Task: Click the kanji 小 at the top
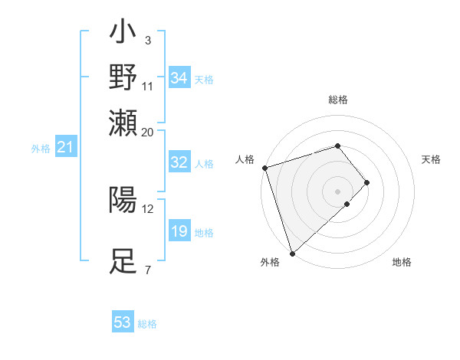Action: click(123, 34)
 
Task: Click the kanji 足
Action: click(123, 261)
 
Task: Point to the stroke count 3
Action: click(147, 40)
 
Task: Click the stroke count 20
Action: click(148, 131)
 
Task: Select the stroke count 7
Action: click(147, 270)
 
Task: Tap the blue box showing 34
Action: click(179, 77)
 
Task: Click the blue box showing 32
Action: click(179, 162)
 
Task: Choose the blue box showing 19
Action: click(179, 231)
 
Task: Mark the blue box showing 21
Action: click(64, 146)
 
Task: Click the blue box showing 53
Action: click(123, 322)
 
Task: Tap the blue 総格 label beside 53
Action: click(147, 324)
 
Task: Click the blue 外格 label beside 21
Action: click(41, 149)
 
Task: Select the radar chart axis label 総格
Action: click(338, 100)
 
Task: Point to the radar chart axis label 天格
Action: click(432, 159)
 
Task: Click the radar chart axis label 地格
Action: click(402, 262)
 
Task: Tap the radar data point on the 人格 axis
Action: click(264, 168)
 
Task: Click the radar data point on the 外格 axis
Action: click(292, 253)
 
